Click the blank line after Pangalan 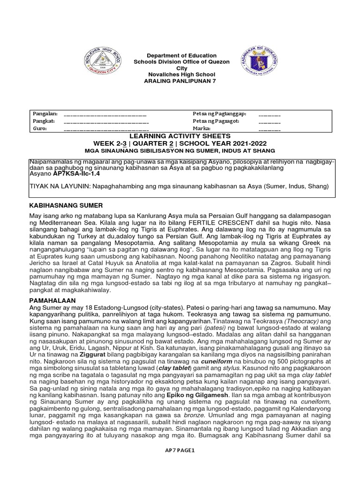click(105, 114)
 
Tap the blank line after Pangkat click(105, 121)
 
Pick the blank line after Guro click(105, 128)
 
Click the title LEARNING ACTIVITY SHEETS click(180, 135)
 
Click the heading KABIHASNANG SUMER click(67, 206)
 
